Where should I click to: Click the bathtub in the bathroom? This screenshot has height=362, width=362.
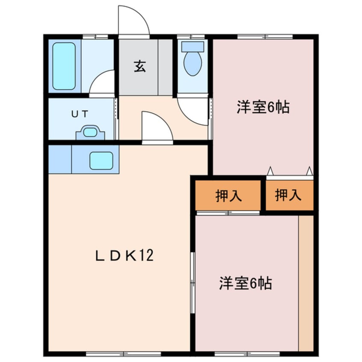coord(64,66)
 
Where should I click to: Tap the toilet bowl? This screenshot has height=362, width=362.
coord(193,64)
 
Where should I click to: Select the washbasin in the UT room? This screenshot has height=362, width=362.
coord(90,132)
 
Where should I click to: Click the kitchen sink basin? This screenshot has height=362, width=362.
coord(101,161)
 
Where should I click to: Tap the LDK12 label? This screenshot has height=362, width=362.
coord(124,256)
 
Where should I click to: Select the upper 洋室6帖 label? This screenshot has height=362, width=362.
coord(263,107)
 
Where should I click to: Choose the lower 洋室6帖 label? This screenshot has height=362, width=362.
coord(246,283)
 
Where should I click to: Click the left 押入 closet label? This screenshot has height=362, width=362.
coord(228,196)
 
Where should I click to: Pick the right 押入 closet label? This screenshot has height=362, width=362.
coord(288,196)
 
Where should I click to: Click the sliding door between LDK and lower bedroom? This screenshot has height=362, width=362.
coord(193,282)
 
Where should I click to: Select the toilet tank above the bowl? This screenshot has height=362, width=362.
coord(193,46)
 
